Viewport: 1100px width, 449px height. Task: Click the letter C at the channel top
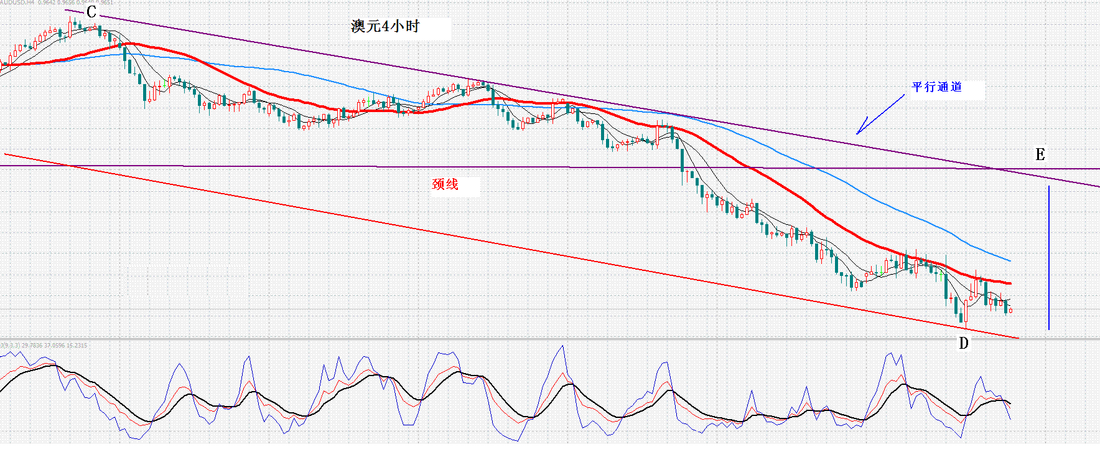pos(91,12)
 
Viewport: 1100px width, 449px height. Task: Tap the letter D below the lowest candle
pos(963,343)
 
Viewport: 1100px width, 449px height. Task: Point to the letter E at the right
pos(1040,154)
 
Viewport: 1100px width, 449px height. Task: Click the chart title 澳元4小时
pos(385,26)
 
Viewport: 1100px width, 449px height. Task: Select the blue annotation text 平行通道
pos(936,87)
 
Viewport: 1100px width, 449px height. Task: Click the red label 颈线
pos(445,184)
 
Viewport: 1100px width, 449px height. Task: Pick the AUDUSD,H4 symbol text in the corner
pos(17,2)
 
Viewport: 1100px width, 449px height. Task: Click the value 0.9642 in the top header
pos(45,2)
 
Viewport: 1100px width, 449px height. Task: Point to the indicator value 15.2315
pos(77,345)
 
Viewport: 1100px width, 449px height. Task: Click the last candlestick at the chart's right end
pos(1010,310)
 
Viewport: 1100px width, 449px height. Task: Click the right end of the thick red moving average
pos(1010,283)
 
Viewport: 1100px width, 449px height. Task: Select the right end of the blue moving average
pos(1010,260)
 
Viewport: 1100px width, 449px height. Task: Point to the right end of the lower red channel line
pos(1018,338)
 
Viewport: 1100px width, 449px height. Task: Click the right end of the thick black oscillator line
pos(1010,404)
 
